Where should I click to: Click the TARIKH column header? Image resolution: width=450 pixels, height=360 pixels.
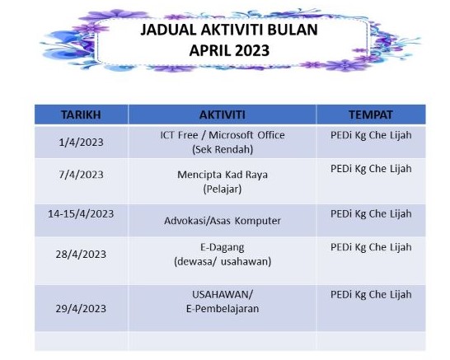click(x=81, y=115)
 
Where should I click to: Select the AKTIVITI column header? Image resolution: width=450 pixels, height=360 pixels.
click(x=223, y=115)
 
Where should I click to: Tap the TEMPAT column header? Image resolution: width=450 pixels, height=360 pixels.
click(x=371, y=115)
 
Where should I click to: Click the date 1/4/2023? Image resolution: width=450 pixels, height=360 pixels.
click(x=81, y=142)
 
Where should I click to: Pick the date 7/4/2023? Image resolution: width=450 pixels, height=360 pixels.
click(x=81, y=175)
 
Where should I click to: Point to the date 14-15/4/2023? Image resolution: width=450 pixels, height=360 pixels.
click(x=81, y=213)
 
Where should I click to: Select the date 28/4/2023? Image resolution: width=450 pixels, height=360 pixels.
click(x=81, y=255)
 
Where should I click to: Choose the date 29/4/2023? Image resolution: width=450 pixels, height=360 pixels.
click(x=81, y=309)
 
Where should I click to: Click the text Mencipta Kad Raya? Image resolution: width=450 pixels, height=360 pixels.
click(x=223, y=175)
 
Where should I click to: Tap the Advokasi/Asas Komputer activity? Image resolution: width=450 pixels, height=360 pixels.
click(x=223, y=221)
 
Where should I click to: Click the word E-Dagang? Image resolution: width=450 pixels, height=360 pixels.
click(x=223, y=247)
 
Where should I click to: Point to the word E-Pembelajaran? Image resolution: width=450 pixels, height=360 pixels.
click(x=223, y=309)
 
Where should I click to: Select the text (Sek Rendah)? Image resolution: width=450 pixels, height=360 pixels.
click(x=223, y=149)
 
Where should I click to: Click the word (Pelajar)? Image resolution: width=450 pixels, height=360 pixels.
click(x=223, y=189)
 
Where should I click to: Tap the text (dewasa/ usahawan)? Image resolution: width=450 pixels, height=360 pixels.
click(x=223, y=262)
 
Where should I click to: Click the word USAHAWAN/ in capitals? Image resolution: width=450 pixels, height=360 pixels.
click(x=223, y=294)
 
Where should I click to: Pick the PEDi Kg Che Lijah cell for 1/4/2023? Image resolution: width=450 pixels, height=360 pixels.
click(x=371, y=135)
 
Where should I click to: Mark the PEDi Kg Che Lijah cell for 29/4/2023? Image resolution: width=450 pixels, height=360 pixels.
click(x=371, y=295)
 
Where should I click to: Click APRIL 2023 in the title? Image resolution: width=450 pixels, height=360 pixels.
click(x=229, y=50)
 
